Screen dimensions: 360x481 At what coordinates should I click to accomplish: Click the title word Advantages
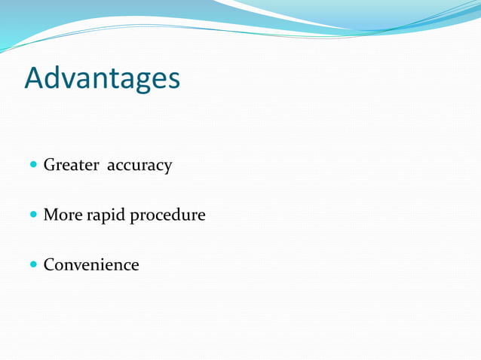(x=102, y=78)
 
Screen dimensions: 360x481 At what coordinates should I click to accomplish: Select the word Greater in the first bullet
(x=72, y=165)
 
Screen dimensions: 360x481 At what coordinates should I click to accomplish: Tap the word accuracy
(x=139, y=166)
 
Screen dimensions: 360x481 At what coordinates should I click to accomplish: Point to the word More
(x=63, y=215)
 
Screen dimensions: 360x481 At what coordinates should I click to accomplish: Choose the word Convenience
(x=91, y=265)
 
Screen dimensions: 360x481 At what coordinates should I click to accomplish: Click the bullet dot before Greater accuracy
(x=33, y=164)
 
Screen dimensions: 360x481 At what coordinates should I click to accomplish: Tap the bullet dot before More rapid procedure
(x=33, y=215)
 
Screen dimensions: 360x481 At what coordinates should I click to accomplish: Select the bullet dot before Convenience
(x=33, y=265)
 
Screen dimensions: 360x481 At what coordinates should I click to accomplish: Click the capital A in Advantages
(x=35, y=78)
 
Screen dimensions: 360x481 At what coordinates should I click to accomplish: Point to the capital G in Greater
(x=50, y=165)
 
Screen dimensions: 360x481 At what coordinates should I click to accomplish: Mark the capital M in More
(x=51, y=215)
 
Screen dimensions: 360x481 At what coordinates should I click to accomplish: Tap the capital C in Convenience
(x=50, y=265)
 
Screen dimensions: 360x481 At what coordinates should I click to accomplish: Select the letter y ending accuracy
(x=167, y=168)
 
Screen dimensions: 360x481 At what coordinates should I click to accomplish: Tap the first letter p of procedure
(x=136, y=218)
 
